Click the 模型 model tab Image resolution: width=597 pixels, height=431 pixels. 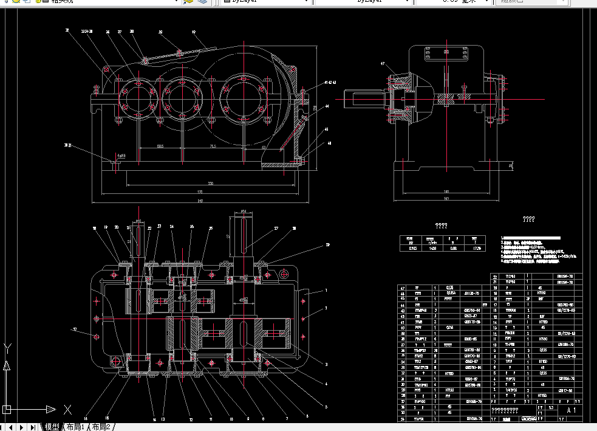[x=52, y=427]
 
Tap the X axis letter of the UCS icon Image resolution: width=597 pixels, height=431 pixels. [x=67, y=409]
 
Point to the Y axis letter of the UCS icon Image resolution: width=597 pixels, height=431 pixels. [x=7, y=348]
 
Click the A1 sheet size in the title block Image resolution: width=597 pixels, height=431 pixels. [x=571, y=411]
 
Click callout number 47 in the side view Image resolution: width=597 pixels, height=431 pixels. [x=383, y=63]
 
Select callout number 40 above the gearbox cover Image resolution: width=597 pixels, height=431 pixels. [x=194, y=32]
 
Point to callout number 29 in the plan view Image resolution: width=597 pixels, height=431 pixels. [x=327, y=244]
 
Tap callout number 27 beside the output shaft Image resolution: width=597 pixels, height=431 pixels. [x=276, y=229]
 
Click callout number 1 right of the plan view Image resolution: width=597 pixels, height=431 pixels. [x=326, y=291]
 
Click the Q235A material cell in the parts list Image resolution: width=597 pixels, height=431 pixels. [x=450, y=293]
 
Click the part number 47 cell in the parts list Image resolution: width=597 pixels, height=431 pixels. [x=401, y=288]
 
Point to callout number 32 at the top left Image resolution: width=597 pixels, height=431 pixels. [x=67, y=30]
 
